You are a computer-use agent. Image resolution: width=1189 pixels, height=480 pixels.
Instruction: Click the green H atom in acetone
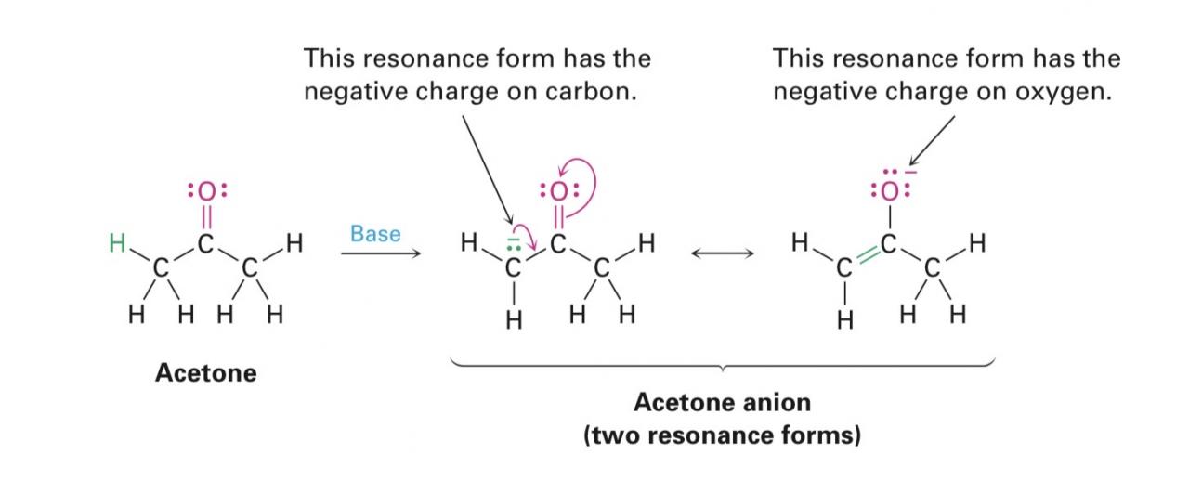coord(116,244)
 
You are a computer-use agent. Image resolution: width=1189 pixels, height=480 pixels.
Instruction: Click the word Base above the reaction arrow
coord(375,233)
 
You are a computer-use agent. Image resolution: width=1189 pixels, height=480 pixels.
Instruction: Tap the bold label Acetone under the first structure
coord(205,373)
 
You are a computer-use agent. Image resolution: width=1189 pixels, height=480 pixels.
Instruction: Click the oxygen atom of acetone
coord(206,191)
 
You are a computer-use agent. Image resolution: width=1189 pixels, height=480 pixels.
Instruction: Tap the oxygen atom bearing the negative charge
coord(888,191)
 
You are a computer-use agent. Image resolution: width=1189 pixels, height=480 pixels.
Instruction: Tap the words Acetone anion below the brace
coord(722,402)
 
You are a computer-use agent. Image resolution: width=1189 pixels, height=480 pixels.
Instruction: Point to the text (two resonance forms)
coord(722,435)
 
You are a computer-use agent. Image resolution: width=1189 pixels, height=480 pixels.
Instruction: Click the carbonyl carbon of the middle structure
coord(557,245)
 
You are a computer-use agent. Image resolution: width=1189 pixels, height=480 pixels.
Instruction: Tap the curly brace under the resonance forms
coord(722,365)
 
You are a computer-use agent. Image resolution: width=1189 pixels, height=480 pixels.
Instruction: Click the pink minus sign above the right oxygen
coord(911,173)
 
